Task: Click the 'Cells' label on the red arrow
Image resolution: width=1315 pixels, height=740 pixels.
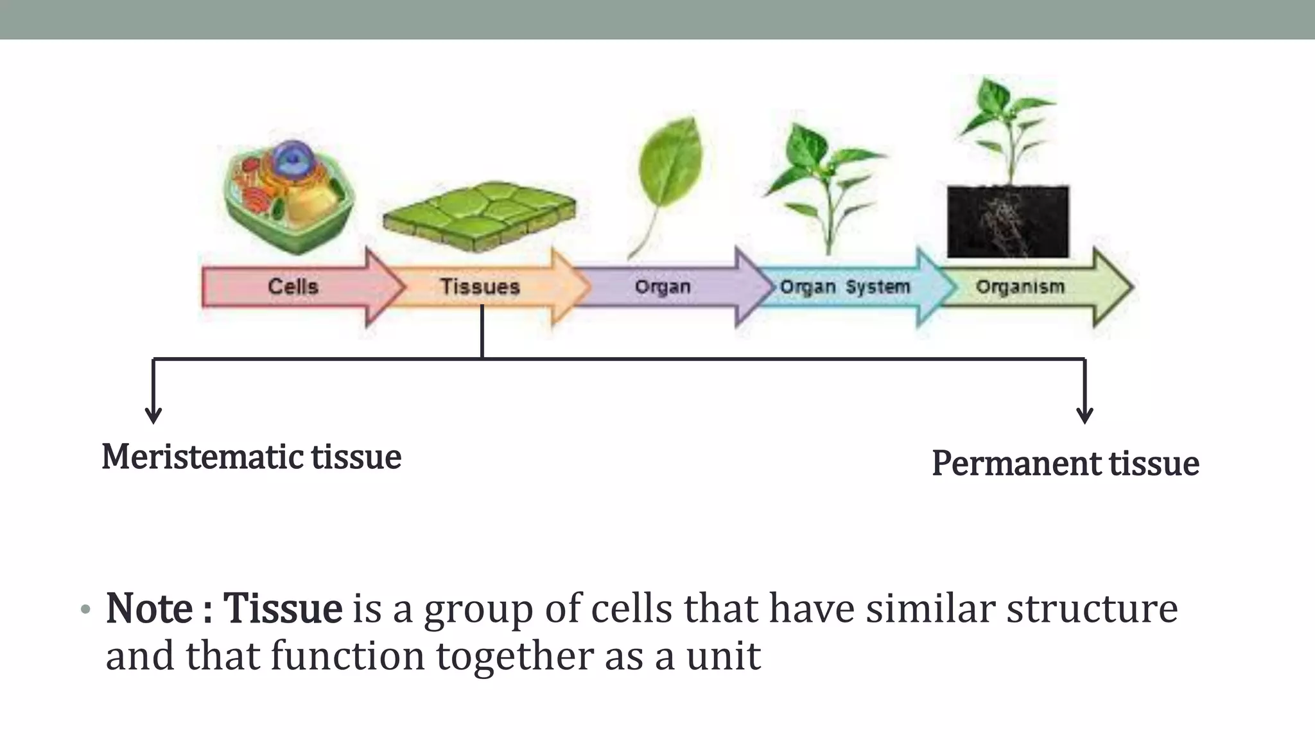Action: [293, 286]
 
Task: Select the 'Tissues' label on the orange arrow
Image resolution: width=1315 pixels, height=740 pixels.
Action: [480, 286]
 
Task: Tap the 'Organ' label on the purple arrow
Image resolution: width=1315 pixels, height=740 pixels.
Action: [663, 286]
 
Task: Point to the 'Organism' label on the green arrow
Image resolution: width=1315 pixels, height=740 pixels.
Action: [1020, 286]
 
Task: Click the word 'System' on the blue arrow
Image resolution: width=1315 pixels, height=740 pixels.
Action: [878, 286]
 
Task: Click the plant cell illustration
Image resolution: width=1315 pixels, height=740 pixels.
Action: [289, 193]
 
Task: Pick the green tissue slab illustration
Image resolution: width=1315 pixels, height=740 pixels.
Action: [480, 215]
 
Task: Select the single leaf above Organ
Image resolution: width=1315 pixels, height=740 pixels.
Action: [668, 173]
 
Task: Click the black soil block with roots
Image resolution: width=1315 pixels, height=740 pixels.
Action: [1008, 222]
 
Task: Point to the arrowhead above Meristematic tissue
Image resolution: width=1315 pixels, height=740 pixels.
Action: [153, 414]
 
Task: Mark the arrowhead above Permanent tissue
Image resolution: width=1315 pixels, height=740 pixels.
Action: [1084, 414]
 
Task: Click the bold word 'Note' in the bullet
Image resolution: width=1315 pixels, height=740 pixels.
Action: [149, 608]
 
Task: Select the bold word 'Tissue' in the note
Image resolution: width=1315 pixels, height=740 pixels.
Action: [283, 608]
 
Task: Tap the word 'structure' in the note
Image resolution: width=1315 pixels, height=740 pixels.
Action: [1092, 608]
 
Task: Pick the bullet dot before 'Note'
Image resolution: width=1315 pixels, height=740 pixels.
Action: [85, 610]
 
